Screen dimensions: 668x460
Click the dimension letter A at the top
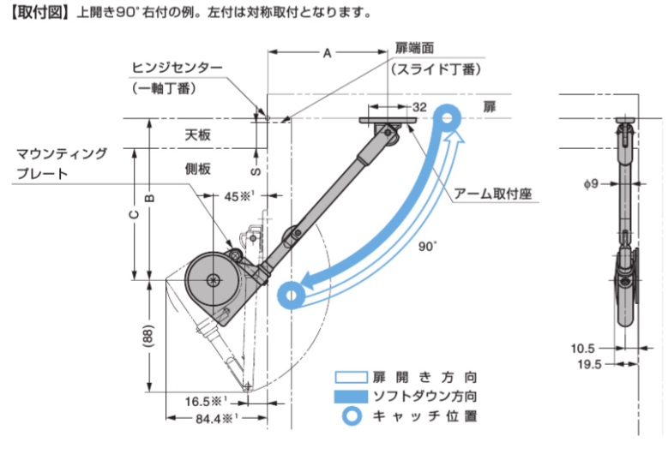327,53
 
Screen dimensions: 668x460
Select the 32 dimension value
419,107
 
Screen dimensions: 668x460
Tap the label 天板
198,134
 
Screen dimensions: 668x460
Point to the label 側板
198,169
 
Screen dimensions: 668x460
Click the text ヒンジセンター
178,68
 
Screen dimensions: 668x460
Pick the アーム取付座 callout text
493,194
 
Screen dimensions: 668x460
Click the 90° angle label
427,247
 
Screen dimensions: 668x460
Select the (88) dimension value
148,336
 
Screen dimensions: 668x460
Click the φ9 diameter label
592,184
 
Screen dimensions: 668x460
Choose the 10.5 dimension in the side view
582,349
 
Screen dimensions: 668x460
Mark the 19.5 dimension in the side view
589,364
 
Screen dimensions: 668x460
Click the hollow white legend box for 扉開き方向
351,377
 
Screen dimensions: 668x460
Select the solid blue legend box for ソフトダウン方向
351,396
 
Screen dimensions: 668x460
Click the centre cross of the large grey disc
212,279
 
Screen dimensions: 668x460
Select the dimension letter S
256,171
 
